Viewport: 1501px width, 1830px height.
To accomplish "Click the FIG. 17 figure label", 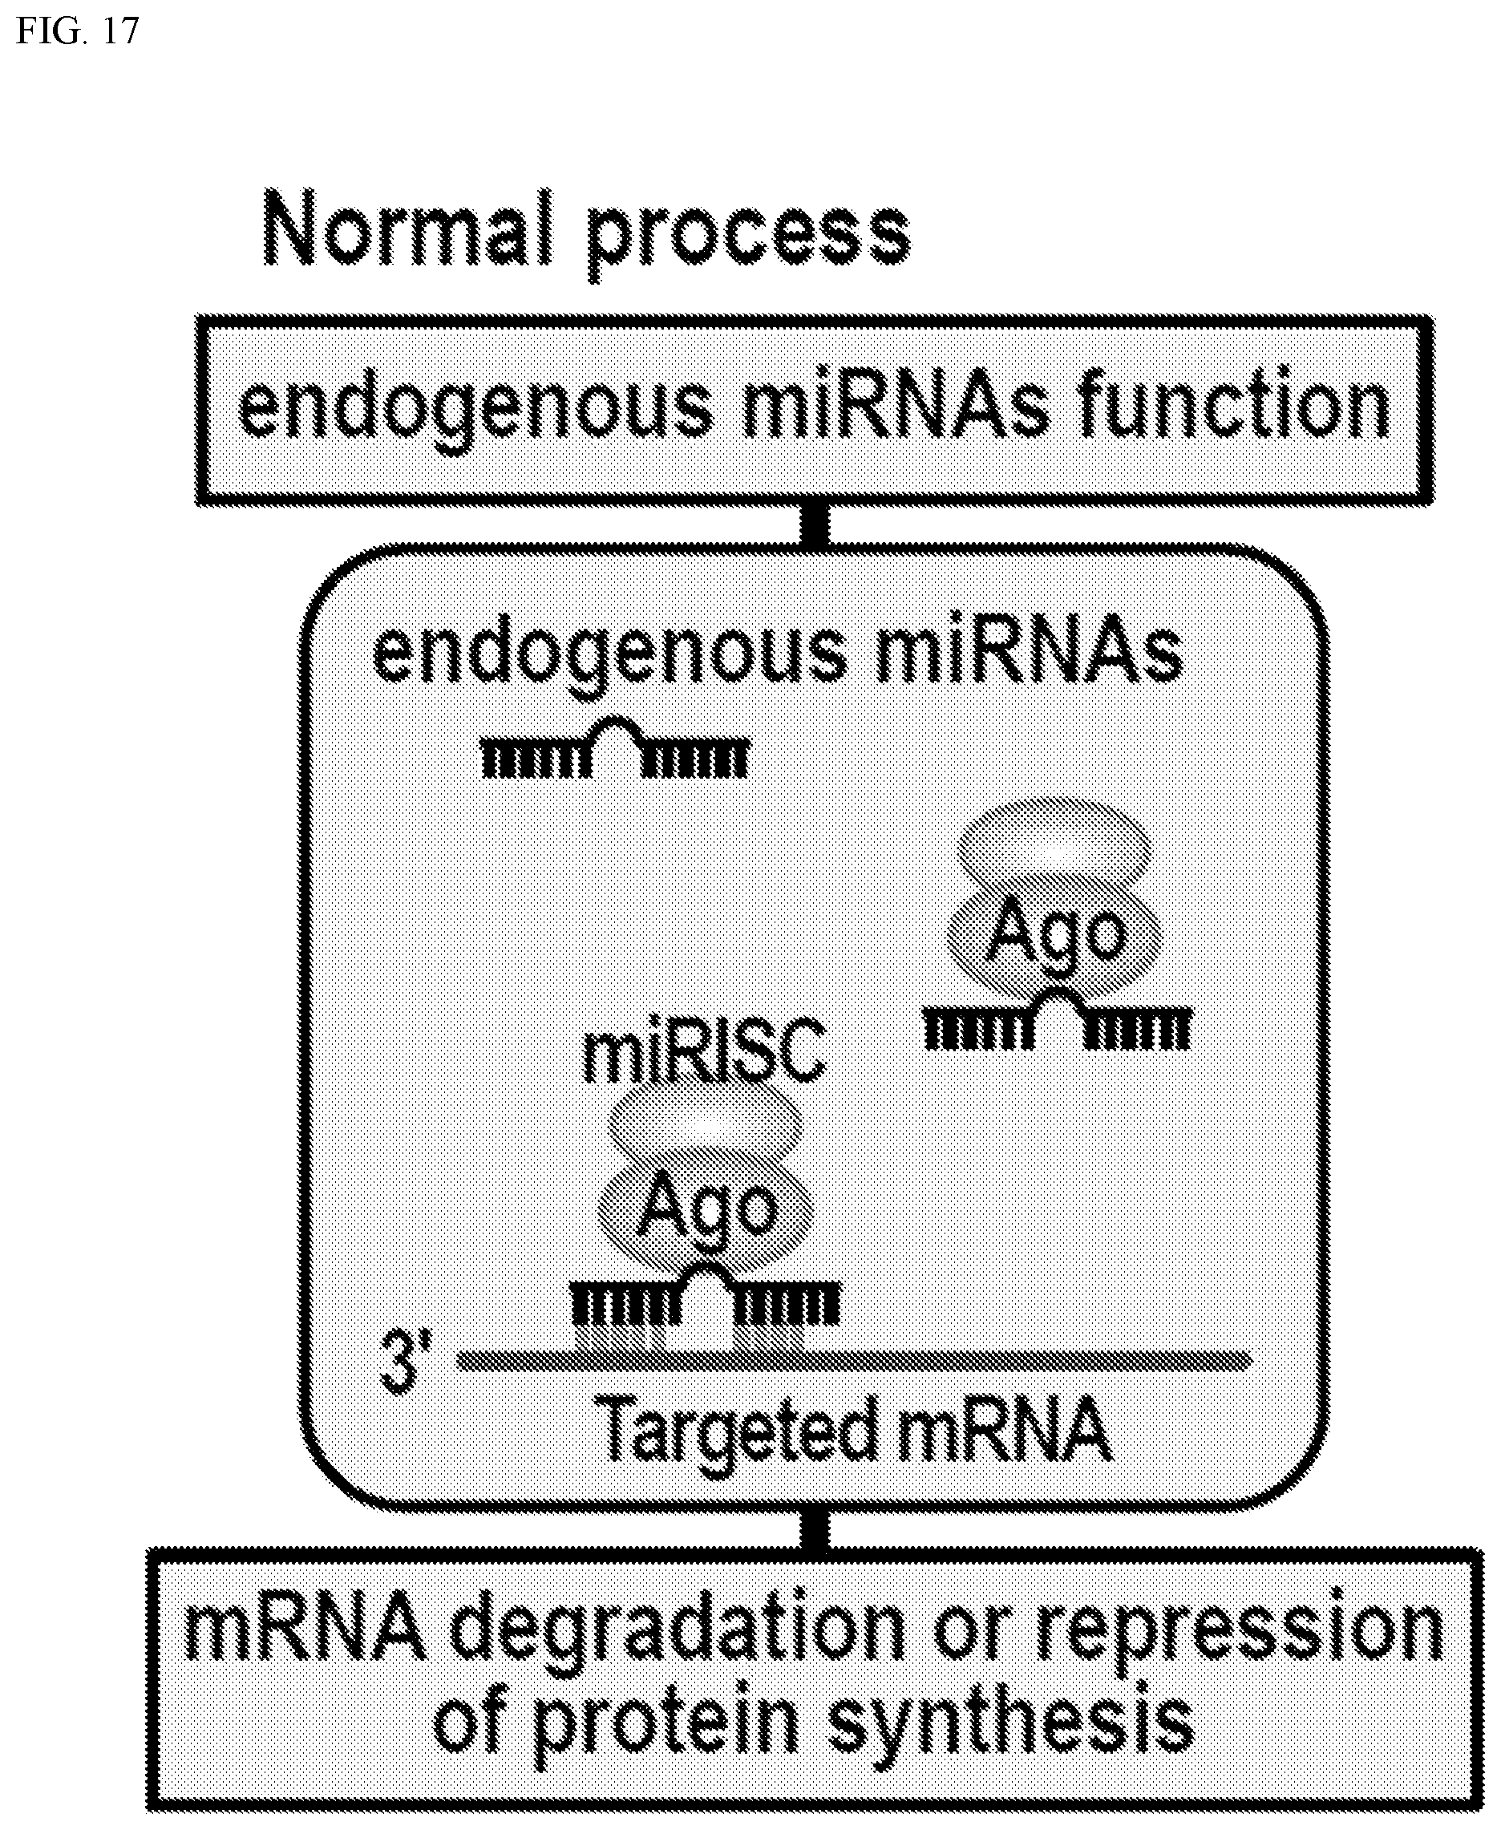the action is pyautogui.click(x=77, y=31).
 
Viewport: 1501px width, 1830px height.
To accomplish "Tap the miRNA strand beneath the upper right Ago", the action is pyautogui.click(x=1058, y=1018).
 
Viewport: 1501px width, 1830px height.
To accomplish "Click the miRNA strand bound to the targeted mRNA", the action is pyautogui.click(x=705, y=1294).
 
